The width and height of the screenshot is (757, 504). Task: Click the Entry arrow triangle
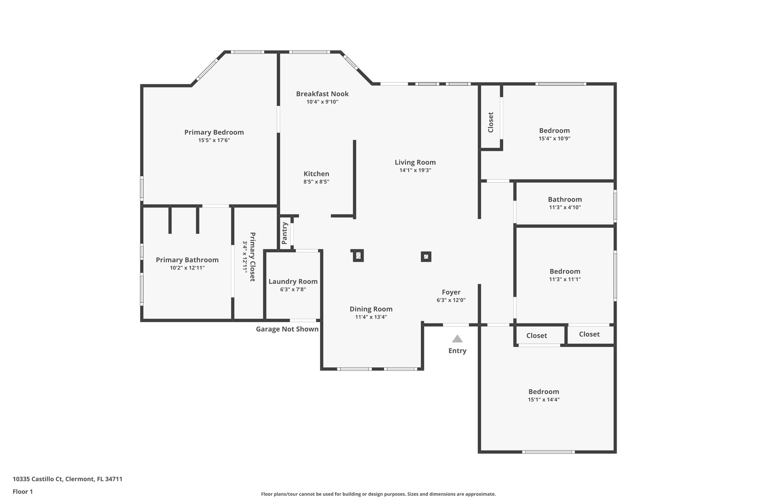(457, 339)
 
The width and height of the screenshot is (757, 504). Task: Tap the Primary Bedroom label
(214, 132)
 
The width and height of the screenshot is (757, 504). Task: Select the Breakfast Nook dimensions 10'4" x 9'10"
(322, 102)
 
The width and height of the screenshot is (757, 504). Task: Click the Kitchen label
(316, 174)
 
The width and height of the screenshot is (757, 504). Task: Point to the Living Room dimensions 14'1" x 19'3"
(415, 170)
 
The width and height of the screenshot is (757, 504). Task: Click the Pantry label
(285, 233)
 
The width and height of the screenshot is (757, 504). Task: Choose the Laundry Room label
(293, 281)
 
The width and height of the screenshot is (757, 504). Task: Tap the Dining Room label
(371, 309)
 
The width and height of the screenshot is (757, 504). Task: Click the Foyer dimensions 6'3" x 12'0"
(451, 300)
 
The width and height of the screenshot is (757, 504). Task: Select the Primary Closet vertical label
(252, 257)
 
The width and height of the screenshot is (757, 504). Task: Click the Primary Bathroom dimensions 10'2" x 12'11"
(187, 268)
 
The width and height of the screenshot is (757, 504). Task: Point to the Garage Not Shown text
(287, 329)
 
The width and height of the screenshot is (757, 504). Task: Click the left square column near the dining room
(358, 256)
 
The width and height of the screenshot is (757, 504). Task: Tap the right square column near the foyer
(426, 257)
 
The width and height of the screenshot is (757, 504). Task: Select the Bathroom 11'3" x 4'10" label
(565, 199)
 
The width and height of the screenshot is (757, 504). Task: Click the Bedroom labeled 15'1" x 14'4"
(543, 391)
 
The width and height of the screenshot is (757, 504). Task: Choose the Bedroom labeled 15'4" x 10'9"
(554, 130)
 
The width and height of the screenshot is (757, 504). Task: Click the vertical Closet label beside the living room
(490, 122)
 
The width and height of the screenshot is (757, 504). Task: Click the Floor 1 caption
(23, 491)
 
